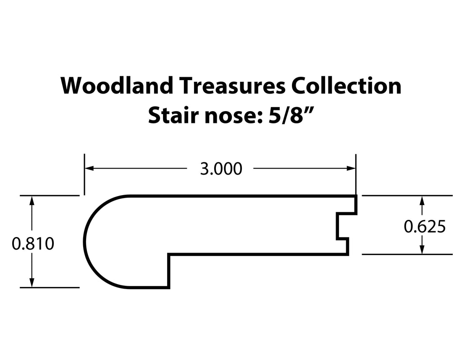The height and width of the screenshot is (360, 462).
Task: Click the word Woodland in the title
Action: [117, 86]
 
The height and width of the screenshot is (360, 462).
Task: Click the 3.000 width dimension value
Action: [221, 169]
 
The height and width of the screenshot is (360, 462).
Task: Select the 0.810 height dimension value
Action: [33, 243]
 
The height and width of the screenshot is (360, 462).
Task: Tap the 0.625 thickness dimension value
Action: [425, 227]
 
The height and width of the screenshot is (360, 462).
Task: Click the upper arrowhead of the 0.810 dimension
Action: [31, 200]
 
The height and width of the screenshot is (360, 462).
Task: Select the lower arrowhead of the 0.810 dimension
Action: [31, 283]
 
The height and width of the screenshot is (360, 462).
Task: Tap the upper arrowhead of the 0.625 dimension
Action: [422, 200]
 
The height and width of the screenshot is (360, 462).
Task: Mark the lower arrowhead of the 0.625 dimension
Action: [422, 250]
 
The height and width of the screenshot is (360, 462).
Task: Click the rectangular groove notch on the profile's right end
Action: [342, 226]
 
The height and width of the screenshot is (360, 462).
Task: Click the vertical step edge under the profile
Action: [169, 271]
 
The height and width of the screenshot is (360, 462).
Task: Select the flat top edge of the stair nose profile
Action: [239, 196]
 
